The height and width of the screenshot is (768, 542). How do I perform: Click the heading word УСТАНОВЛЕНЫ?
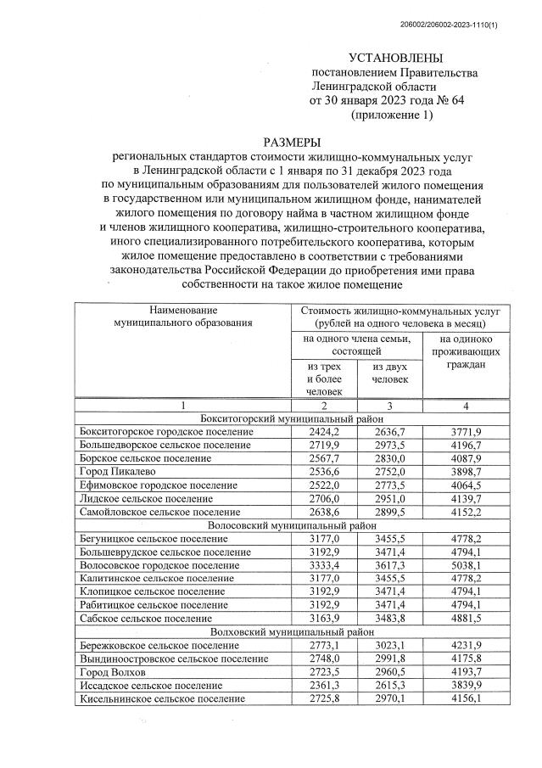[394, 59]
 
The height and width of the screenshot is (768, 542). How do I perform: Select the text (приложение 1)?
[392, 115]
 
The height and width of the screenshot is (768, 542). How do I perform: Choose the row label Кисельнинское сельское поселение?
[161, 698]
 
